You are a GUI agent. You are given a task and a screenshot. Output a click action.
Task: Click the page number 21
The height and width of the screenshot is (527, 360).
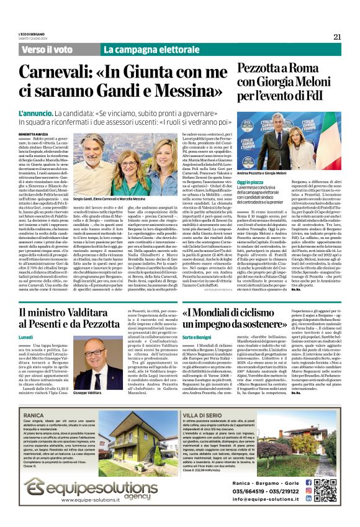[337, 37]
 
